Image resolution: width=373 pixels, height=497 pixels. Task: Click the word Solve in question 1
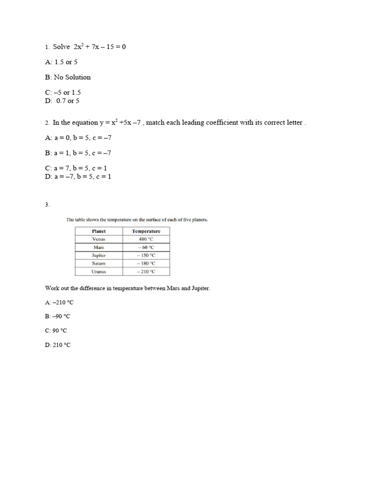(62, 47)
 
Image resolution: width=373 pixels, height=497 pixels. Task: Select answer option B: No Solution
(68, 77)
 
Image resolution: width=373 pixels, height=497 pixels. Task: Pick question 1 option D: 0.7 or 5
(62, 101)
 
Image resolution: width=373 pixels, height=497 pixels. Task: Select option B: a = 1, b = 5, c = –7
(78, 153)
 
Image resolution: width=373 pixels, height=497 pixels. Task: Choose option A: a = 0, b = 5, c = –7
(78, 138)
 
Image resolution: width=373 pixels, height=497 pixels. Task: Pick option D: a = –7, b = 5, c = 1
(78, 177)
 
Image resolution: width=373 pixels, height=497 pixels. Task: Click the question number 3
(47, 205)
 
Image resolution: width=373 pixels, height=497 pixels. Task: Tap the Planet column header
(99, 231)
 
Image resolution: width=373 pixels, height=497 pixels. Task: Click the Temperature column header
(146, 231)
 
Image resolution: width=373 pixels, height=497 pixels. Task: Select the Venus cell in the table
(99, 239)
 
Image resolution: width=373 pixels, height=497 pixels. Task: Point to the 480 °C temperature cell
(146, 239)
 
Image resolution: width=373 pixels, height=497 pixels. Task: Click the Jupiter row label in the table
(99, 255)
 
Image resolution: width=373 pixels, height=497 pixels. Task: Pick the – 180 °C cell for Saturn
(146, 264)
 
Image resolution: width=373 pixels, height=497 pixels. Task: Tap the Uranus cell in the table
(99, 272)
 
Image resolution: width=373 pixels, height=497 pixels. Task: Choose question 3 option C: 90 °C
(56, 331)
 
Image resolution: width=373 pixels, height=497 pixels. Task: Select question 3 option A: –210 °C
(59, 302)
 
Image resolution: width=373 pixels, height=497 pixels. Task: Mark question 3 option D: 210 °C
(58, 345)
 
